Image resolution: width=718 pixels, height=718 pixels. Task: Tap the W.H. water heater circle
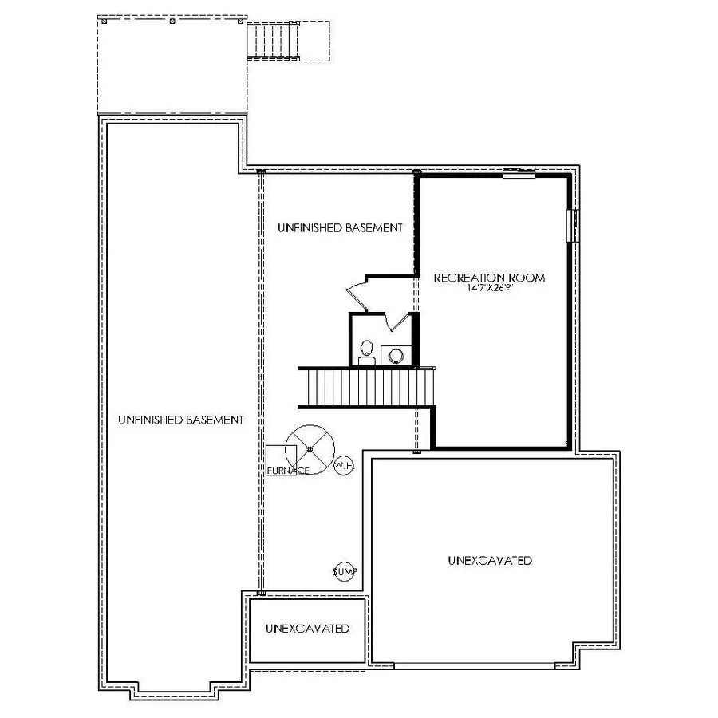pos(343,465)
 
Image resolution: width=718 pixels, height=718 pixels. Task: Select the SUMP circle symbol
pos(345,572)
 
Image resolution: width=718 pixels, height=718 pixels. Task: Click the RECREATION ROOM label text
pos(489,278)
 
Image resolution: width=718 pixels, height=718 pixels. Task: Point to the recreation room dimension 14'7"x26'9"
pos(489,288)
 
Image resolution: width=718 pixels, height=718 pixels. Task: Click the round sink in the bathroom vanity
pos(396,355)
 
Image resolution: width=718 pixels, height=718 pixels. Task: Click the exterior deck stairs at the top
pos(276,41)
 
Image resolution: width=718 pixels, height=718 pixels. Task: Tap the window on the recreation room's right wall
pos(572,225)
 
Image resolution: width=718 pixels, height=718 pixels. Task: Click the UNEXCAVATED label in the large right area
pos(490,561)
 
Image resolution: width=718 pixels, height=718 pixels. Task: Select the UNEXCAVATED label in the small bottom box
pos(307,629)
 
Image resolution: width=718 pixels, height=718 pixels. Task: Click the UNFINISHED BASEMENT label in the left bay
pos(180,420)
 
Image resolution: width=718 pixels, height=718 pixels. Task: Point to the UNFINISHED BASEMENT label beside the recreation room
pos(340,227)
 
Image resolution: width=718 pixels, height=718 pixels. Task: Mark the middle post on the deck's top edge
pos(173,22)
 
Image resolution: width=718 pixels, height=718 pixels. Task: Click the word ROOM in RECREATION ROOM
pos(528,278)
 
